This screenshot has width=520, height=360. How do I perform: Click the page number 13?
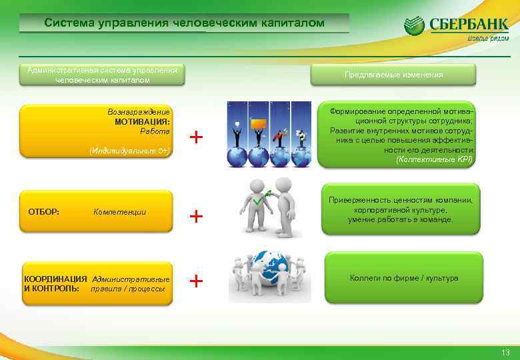click(x=505, y=352)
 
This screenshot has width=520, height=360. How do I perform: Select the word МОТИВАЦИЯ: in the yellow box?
click(x=142, y=122)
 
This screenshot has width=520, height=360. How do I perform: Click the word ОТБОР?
click(x=44, y=211)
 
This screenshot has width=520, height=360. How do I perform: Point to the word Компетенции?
click(x=120, y=212)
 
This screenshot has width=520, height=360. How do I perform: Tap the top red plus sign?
click(x=196, y=137)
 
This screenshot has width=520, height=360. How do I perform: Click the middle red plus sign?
click(x=196, y=216)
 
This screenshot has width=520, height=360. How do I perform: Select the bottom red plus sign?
click(x=196, y=281)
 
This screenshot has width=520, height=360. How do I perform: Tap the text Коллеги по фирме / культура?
click(x=404, y=278)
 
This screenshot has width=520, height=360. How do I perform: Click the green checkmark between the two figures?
click(x=257, y=199)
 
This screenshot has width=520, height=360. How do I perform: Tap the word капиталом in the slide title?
click(x=291, y=23)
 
